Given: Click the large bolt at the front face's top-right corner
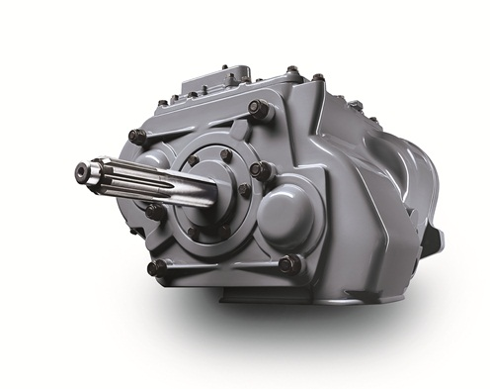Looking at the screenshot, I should click(x=259, y=111).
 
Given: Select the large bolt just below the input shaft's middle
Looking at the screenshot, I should click(x=155, y=211).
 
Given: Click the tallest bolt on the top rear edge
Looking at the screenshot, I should click(x=292, y=71).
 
